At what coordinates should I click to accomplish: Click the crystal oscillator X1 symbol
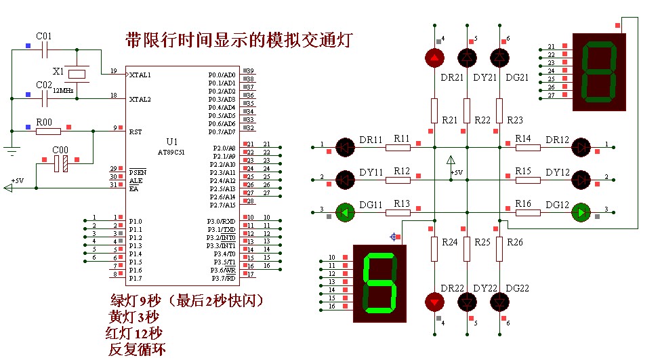click(x=79, y=73)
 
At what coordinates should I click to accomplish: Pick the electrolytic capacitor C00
click(x=60, y=163)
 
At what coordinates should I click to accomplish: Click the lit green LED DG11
click(x=346, y=213)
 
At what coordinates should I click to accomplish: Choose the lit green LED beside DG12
click(x=581, y=213)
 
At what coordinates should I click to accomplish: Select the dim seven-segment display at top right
click(x=598, y=72)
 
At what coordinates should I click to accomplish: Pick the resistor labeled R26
click(x=499, y=249)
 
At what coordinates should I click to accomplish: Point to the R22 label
click(x=482, y=120)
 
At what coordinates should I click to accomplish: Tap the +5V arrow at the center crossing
click(x=451, y=161)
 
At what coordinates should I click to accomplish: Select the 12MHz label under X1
click(x=63, y=90)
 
